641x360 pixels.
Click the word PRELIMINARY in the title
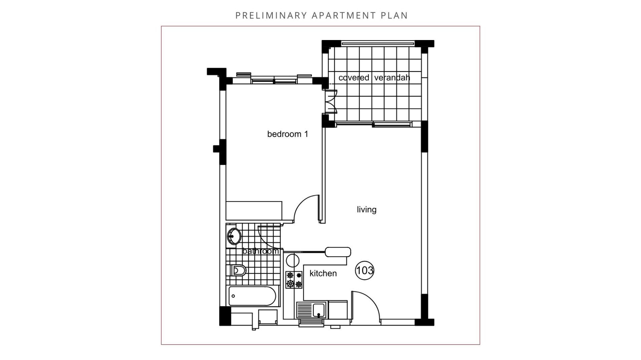point(271,16)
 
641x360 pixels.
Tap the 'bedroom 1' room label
point(287,134)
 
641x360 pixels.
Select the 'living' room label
point(367,210)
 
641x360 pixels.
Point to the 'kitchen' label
point(323,274)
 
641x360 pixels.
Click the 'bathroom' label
point(260,251)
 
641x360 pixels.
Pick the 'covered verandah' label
point(374,78)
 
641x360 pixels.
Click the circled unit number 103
point(365,270)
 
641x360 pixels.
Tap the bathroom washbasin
point(234,236)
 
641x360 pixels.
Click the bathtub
point(252,296)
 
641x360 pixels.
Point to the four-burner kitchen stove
point(294,280)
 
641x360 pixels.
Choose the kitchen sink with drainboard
point(311,310)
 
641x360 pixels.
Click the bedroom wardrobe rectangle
point(254,210)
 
